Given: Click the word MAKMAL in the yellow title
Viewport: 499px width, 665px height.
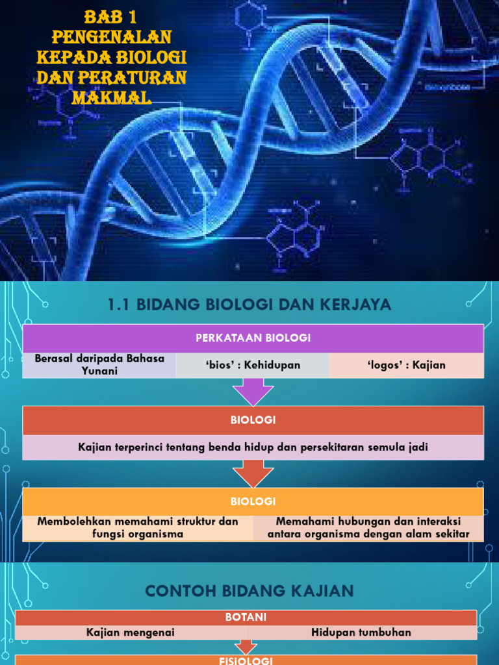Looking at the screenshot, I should click(x=112, y=98).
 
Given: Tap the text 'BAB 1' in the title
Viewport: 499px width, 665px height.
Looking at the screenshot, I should click(x=111, y=16).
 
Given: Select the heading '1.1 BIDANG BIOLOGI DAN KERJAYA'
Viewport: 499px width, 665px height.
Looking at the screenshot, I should click(x=249, y=304).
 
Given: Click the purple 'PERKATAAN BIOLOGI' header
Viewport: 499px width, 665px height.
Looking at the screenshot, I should click(x=253, y=338).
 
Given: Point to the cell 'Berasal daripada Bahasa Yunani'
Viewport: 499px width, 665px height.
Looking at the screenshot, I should click(x=99, y=365).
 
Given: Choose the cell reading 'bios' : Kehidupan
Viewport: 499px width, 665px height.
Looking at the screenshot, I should click(x=253, y=365).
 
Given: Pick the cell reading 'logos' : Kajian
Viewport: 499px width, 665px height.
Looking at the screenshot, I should click(x=407, y=365).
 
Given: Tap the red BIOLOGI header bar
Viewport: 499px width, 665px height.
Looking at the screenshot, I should click(x=253, y=420).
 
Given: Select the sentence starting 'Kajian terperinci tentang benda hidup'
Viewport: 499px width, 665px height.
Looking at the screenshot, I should click(x=253, y=447).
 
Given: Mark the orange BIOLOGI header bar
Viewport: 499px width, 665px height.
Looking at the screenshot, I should click(x=253, y=501).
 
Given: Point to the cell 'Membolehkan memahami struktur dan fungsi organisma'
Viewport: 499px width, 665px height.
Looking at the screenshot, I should click(x=138, y=528).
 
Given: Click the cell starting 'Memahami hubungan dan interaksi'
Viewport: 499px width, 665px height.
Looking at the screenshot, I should click(x=368, y=528).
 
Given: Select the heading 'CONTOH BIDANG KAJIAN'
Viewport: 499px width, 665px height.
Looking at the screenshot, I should click(x=249, y=591).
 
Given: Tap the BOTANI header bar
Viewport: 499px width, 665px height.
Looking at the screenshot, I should click(x=246, y=618).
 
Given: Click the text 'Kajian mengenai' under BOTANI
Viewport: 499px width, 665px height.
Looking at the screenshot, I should click(x=131, y=633).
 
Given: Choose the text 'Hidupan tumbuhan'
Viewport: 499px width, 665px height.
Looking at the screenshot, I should click(x=361, y=633).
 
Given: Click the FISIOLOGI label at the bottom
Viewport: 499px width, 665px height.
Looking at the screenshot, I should click(x=246, y=660).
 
